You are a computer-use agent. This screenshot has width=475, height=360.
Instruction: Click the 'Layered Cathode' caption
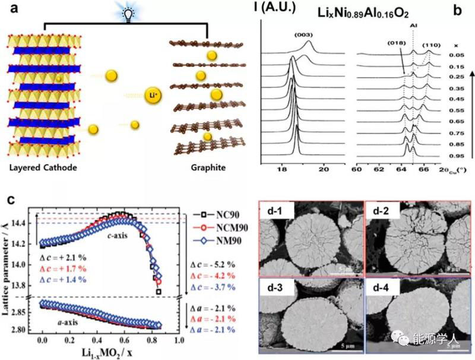[44, 168]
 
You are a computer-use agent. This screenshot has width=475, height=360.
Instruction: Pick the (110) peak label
[430, 45]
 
